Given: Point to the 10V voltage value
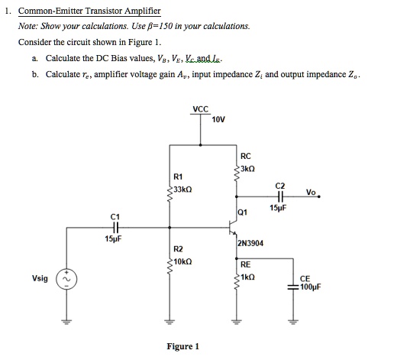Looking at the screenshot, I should pos(218,120).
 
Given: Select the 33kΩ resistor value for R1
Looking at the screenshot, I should pos(183,189).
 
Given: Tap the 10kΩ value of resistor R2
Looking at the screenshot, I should pos(183,261).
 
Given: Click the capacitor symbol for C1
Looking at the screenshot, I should pos(115,227).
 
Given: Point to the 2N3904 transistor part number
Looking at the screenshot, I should pos(250,243).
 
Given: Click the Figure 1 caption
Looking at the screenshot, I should pos(183,346).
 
